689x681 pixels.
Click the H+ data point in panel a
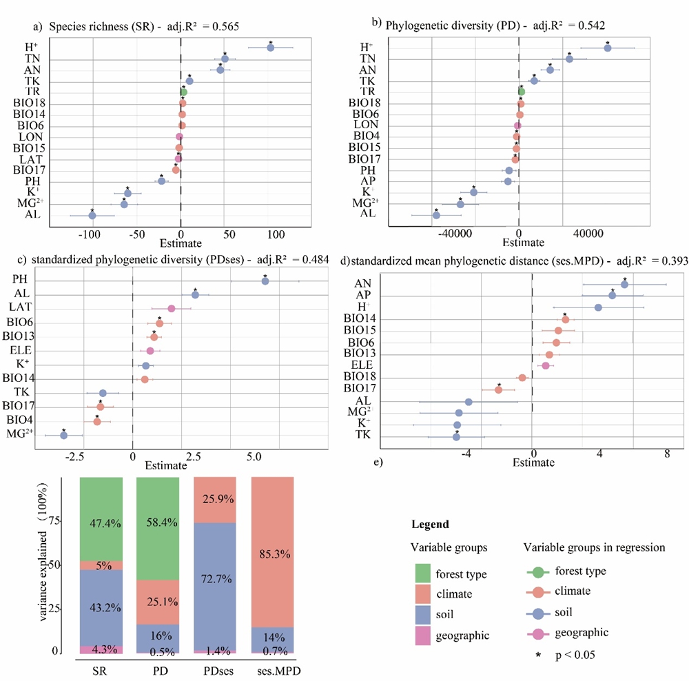click(x=271, y=48)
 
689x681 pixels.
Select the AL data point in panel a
click(x=92, y=216)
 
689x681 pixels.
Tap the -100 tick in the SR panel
click(x=90, y=234)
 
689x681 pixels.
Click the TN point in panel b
click(x=570, y=59)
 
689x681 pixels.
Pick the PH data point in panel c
click(x=265, y=281)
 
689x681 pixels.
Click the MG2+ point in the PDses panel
click(x=63, y=435)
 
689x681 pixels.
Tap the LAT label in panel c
click(x=25, y=308)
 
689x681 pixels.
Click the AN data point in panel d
click(x=625, y=284)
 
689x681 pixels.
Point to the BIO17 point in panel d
click(x=499, y=389)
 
